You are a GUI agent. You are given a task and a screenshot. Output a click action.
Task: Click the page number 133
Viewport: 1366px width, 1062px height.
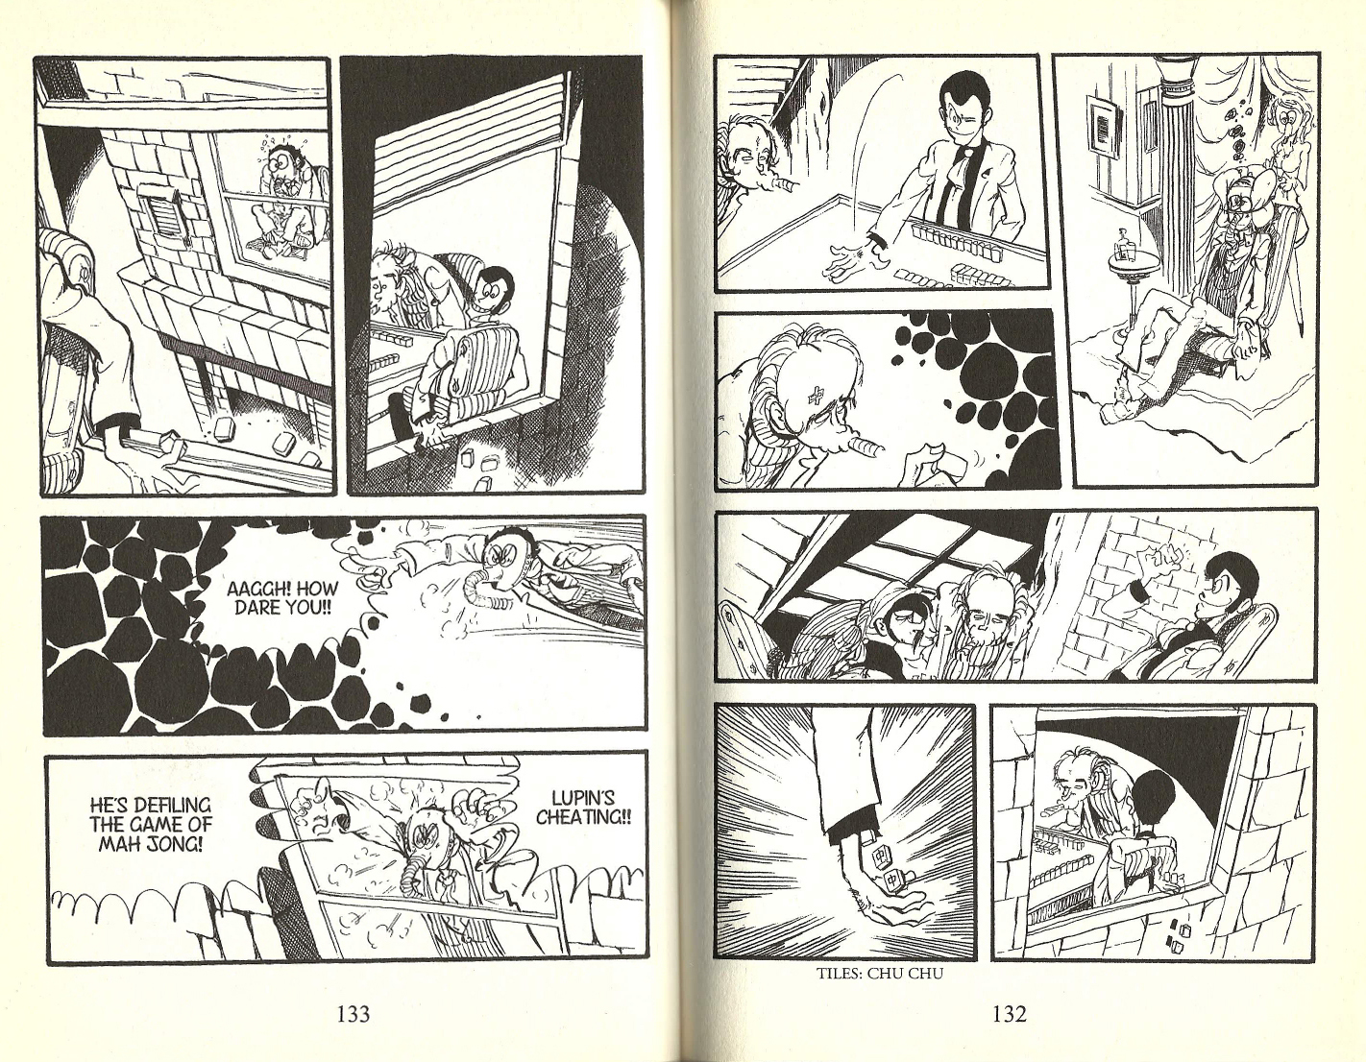pyautogui.click(x=354, y=1014)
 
